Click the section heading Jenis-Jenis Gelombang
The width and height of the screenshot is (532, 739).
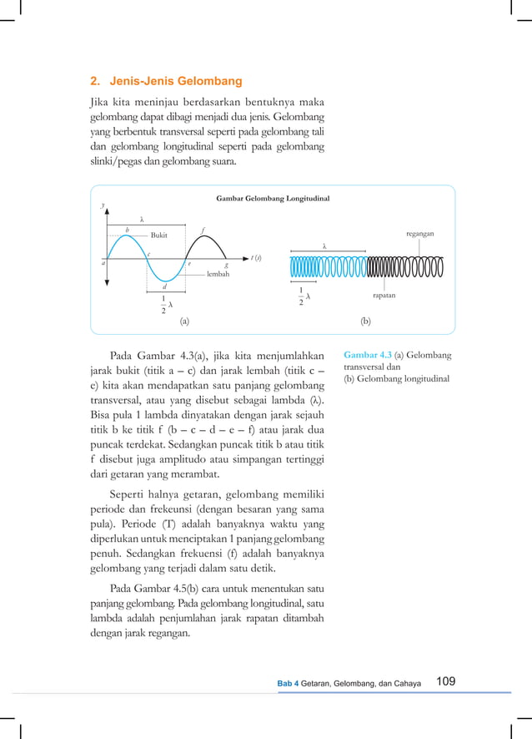[x=166, y=81]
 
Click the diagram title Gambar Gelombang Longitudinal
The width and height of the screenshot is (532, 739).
[x=273, y=199]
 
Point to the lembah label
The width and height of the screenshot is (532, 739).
[x=218, y=273]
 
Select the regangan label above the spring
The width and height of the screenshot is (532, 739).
[x=419, y=234]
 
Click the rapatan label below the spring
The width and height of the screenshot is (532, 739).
[x=384, y=295]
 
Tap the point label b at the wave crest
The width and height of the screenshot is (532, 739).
[x=127, y=229]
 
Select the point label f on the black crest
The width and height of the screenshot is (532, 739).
[x=203, y=229]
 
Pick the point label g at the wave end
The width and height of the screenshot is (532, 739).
[x=225, y=265]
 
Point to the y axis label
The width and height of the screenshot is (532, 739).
[x=103, y=205]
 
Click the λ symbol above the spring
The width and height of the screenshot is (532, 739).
[x=324, y=246]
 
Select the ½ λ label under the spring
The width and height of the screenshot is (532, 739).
[x=304, y=296]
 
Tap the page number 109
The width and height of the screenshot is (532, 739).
[x=446, y=681]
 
